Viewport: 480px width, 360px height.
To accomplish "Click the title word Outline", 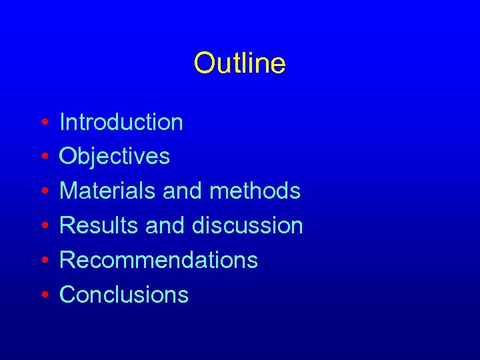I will pos(240,63).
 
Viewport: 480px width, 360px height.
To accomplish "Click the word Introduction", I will pos(121,122).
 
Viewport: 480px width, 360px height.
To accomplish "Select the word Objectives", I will pos(115,157).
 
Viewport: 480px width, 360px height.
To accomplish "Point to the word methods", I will pos(255,191).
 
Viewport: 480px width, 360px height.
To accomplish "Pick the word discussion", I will pos(247,226).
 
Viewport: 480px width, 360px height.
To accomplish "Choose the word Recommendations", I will pos(159,260).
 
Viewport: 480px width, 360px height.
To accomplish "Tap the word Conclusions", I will pos(124,295).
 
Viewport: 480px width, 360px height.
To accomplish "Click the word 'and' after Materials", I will pos(183,191).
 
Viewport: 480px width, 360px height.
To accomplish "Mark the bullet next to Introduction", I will pos(43,123).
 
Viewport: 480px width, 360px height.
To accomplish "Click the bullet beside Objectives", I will pos(43,158).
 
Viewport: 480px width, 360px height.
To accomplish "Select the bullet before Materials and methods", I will pos(43,193).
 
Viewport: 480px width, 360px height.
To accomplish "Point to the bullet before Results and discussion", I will pos(43,227).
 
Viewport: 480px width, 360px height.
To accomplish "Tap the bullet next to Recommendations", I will pos(43,261).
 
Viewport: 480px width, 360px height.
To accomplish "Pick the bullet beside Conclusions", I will pos(43,296).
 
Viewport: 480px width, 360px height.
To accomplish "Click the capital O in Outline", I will pos(203,63).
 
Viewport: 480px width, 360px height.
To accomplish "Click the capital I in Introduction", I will pos(63,122).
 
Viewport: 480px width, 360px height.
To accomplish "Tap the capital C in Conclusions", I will pos(68,295).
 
